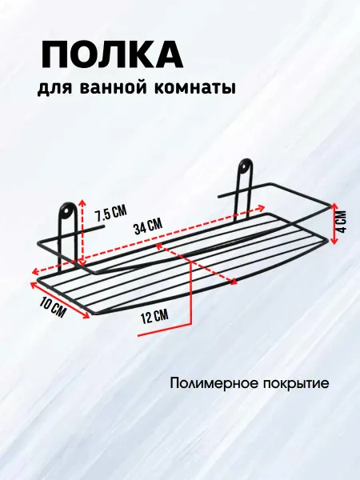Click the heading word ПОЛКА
click(112, 55)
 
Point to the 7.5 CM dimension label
click(110, 213)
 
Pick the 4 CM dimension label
click(341, 222)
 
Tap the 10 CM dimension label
click(54, 306)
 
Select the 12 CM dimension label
click(154, 316)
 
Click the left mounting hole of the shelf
click(66, 211)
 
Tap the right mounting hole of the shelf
click(245, 167)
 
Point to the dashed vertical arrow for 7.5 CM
click(82, 232)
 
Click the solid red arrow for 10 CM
click(59, 300)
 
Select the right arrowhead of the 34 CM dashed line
click(261, 208)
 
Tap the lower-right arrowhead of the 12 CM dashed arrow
click(233, 281)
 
